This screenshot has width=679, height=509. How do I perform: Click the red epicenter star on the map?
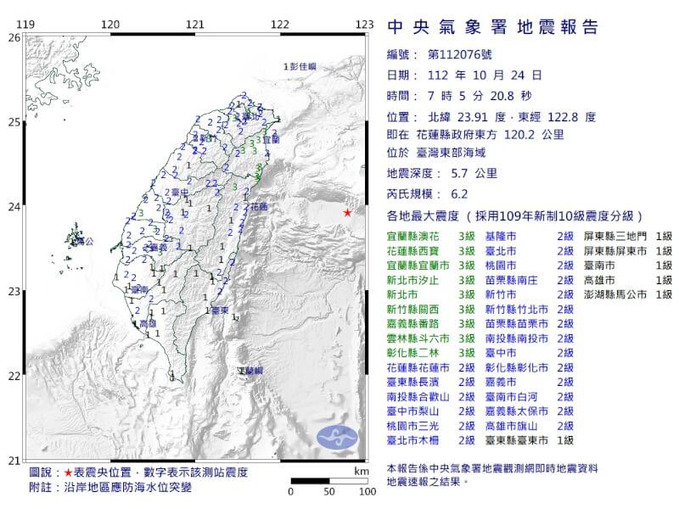347,212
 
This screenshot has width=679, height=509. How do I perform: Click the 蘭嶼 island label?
250,372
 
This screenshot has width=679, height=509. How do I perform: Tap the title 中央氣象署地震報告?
492,28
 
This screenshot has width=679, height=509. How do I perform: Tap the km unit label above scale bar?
362,469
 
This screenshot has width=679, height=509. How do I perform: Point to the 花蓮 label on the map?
259,207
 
